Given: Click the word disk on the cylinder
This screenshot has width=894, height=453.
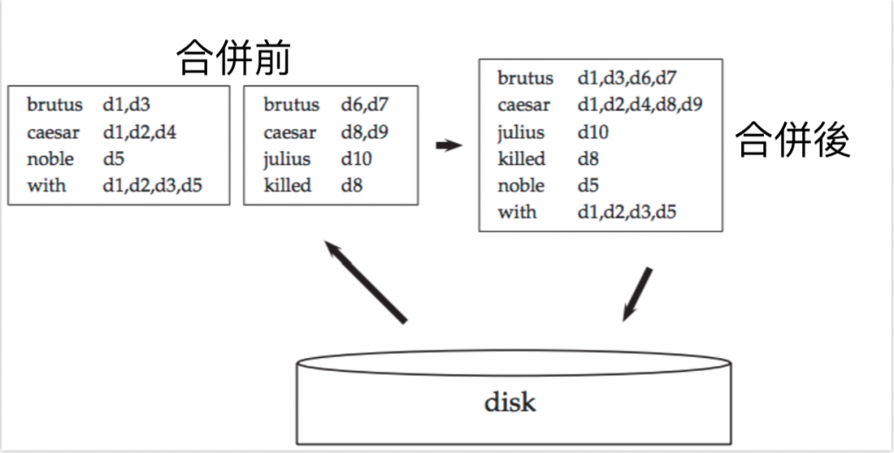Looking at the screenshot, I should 510,402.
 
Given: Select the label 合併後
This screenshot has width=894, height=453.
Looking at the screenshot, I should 793,140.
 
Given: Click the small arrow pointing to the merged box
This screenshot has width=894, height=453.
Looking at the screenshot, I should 448,146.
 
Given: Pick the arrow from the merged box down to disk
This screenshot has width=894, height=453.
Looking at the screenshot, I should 636,293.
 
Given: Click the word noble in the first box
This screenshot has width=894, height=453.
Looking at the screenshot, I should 50,159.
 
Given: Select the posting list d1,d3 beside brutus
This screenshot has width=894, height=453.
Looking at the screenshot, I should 127,105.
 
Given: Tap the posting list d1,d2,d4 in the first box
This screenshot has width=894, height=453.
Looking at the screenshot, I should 141,133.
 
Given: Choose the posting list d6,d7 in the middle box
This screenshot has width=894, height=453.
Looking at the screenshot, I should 365,105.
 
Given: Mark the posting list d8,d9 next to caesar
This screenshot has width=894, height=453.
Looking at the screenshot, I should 365,133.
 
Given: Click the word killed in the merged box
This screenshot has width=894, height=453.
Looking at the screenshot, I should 521,159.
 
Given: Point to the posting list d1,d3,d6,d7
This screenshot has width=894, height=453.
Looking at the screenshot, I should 627,79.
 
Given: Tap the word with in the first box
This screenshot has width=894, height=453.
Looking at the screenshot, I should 46,185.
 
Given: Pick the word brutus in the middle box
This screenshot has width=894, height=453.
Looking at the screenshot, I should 292,105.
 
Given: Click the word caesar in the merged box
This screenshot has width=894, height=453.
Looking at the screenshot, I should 524,106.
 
